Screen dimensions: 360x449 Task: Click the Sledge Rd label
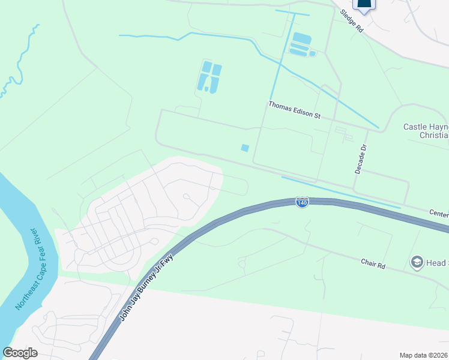pyautogui.click(x=351, y=20)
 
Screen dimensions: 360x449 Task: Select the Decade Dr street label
pyautogui.click(x=360, y=159)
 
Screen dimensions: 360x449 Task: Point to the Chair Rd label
pyautogui.click(x=372, y=263)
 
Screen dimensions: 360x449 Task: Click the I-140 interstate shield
pyautogui.click(x=303, y=203)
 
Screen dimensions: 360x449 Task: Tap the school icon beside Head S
pyautogui.click(x=416, y=262)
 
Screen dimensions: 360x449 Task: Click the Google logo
pyautogui.click(x=20, y=353)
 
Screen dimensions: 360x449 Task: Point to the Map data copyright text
pyautogui.click(x=424, y=355)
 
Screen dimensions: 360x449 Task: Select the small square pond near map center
pyautogui.click(x=245, y=148)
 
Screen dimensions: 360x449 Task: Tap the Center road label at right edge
pyautogui.click(x=439, y=212)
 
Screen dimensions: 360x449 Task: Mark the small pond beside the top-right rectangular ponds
pyautogui.click(x=312, y=54)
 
